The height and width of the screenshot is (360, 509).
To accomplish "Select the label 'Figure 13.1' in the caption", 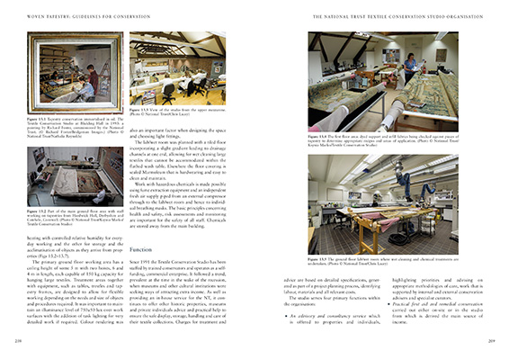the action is (37, 117).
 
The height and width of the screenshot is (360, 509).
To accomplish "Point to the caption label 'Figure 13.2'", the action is (37, 209).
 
